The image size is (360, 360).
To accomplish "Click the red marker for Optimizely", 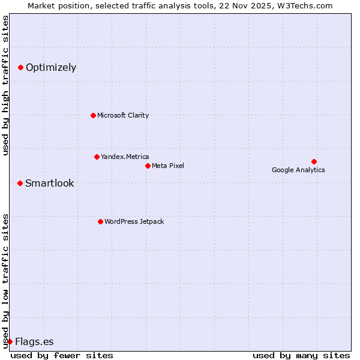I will coord(20,68).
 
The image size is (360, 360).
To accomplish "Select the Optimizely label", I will coord(51,68).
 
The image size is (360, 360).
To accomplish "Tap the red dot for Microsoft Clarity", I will coord(93,115).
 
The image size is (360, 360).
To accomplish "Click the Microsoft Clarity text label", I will coord(123,115).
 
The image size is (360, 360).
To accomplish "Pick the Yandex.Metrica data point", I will coord(97,157).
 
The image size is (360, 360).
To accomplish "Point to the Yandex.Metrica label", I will coord(125,157).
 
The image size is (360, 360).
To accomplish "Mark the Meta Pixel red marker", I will coord(148,166).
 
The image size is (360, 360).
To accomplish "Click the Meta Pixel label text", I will coord(168,166).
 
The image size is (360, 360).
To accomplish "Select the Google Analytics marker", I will coord(314,161).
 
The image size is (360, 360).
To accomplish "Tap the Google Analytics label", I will coord(298,170).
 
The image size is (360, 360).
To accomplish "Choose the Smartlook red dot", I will coord(20,183).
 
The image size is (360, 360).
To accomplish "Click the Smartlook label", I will coord(50,183).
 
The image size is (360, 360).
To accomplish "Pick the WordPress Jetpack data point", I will coord(100,221).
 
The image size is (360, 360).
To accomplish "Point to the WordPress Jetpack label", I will coord(134,221).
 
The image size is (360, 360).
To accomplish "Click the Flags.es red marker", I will coord(10,341).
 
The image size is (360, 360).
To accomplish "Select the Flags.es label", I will coord(34,342).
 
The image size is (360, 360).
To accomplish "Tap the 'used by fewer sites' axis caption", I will coord(62,355).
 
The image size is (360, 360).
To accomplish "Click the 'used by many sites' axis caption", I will coord(301,355).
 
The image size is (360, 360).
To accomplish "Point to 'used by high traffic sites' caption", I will coord(5,85).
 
